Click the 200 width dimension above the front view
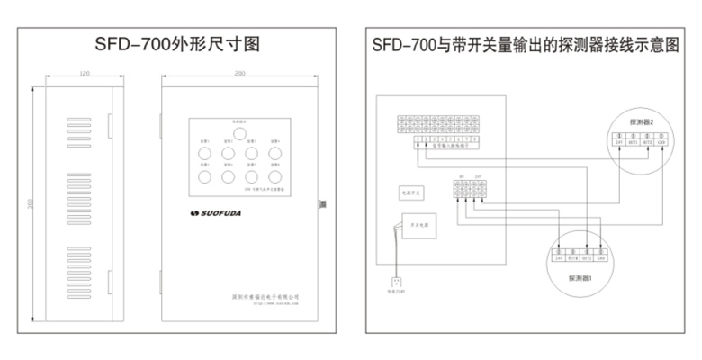pyautogui.click(x=239, y=71)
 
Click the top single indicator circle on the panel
pyautogui.click(x=239, y=134)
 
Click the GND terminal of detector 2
pyautogui.click(x=660, y=142)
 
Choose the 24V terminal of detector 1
pyautogui.click(x=559, y=257)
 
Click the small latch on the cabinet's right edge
pyautogui.click(x=321, y=205)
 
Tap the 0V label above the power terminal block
pyautogui.click(x=460, y=175)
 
